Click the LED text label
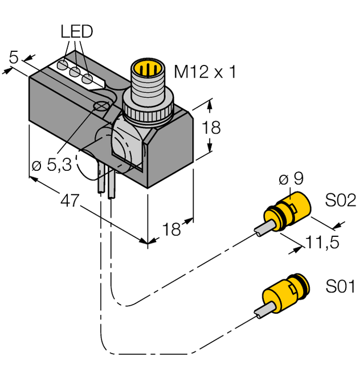(x=76, y=32)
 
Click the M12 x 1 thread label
(x=204, y=72)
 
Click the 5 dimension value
(x=14, y=57)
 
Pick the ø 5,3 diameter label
(x=52, y=166)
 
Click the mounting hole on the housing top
(x=102, y=106)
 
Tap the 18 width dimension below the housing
(x=171, y=229)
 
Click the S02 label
(x=340, y=200)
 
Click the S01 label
(x=340, y=286)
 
